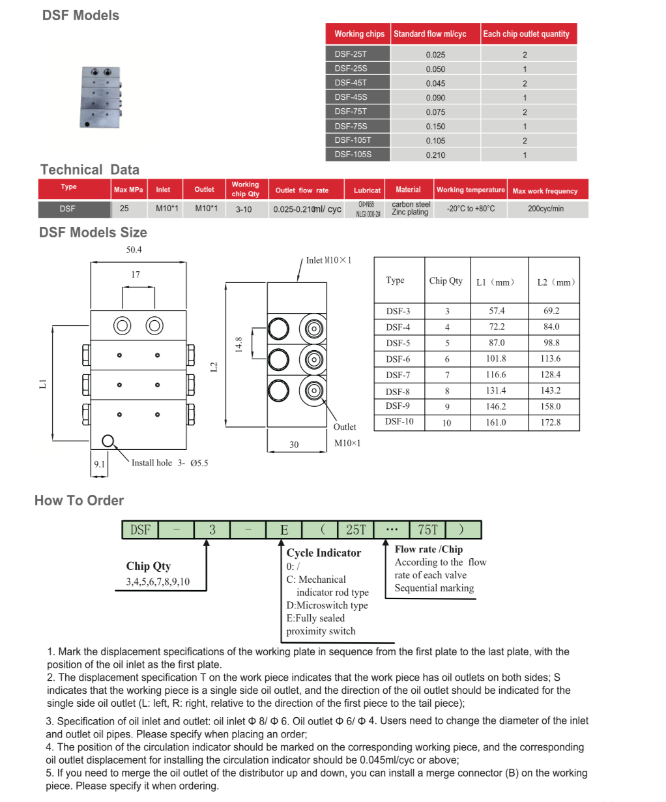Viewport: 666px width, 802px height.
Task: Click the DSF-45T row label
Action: (351, 83)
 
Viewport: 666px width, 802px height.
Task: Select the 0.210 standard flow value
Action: (435, 155)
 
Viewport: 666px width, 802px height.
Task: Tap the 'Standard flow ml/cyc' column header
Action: (430, 34)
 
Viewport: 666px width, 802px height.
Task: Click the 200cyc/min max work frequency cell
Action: (545, 209)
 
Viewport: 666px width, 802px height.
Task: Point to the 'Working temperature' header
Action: (471, 190)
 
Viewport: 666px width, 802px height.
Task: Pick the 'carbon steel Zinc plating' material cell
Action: (411, 208)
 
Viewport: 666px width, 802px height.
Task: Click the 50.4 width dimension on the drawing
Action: (134, 250)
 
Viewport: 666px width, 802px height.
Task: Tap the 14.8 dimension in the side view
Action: (239, 344)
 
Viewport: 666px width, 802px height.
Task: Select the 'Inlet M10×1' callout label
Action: (328, 260)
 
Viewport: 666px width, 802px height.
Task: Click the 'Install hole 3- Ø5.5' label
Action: (169, 463)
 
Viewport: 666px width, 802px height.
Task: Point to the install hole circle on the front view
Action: (108, 441)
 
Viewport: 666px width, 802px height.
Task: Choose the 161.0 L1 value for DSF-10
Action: (496, 423)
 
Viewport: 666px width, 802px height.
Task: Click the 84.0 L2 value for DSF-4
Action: (551, 327)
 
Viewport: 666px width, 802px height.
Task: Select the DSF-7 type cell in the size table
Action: (398, 375)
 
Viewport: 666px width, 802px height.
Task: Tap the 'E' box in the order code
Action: (284, 529)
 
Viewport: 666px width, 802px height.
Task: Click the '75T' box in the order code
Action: (428, 529)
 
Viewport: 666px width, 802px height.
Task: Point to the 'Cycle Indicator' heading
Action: (323, 553)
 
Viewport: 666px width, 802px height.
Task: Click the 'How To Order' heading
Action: (79, 500)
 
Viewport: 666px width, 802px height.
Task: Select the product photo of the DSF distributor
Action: (100, 97)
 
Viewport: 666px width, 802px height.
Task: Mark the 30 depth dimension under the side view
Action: (294, 445)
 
